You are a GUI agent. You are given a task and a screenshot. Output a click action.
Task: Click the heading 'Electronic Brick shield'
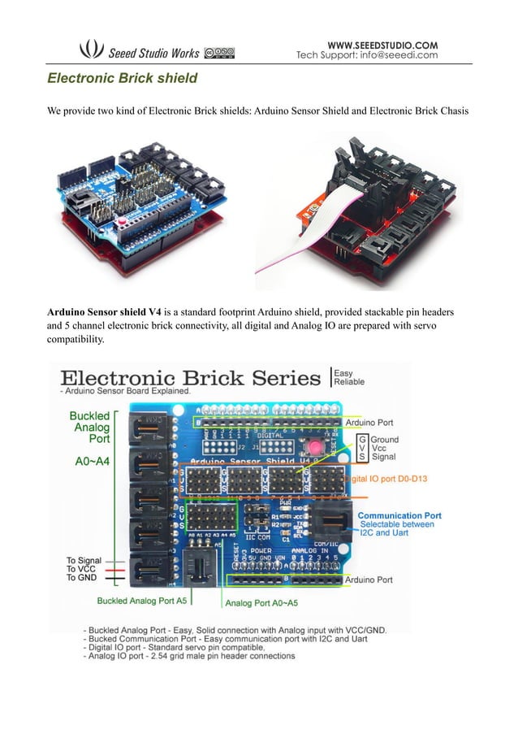pos(122,80)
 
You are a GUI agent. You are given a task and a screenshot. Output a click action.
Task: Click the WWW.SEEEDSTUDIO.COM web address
pos(382,44)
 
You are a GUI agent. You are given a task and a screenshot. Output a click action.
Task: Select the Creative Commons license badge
pos(219,53)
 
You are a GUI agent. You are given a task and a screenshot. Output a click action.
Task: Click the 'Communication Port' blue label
pos(399,515)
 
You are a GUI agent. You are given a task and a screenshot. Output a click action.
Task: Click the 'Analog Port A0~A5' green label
pos(261,602)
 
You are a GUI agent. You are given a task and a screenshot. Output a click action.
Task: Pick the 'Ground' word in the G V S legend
pos(384,439)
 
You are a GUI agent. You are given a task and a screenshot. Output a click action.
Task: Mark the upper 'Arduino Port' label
pos(369,422)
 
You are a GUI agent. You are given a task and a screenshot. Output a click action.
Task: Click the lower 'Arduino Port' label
pos(369,580)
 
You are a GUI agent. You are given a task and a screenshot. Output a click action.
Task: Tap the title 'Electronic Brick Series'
pos(191,379)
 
